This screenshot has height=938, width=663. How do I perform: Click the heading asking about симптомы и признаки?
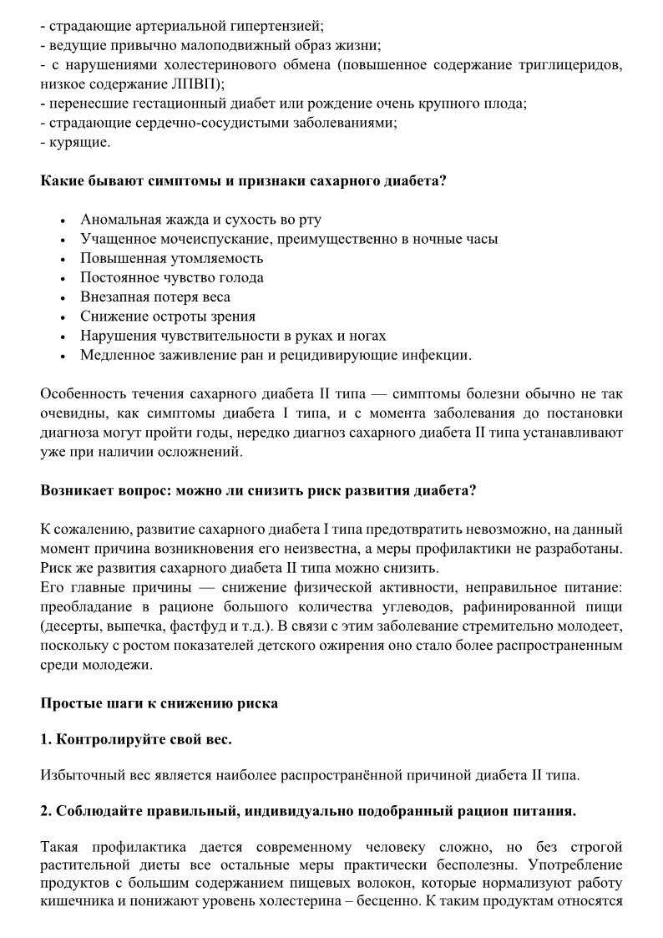coord(243,181)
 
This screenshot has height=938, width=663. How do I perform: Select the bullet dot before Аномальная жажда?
coord(64,221)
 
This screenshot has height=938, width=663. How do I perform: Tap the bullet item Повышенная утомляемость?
coord(171,258)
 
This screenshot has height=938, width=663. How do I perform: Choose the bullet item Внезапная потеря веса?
coord(155,297)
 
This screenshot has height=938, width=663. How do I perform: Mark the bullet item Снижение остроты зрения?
coord(168,317)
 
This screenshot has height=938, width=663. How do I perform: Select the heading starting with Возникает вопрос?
coord(258,490)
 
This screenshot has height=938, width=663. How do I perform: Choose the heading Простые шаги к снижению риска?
coord(159,703)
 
